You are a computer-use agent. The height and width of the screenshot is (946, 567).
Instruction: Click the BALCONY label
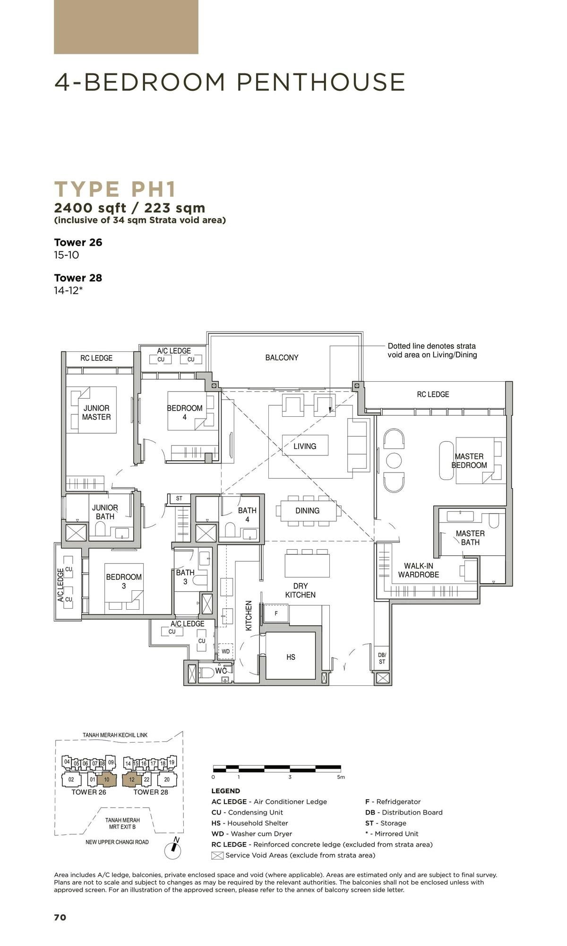pyautogui.click(x=282, y=358)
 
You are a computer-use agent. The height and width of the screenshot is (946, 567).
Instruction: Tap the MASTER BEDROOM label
pyautogui.click(x=469, y=461)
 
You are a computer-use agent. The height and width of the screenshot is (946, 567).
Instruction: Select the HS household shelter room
pyautogui.click(x=291, y=657)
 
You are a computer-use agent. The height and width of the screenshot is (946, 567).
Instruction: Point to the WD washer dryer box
pyautogui.click(x=226, y=651)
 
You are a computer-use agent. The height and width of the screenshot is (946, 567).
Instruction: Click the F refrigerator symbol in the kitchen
pyautogui.click(x=276, y=613)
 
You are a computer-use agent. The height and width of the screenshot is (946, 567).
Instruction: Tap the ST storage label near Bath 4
pyautogui.click(x=179, y=499)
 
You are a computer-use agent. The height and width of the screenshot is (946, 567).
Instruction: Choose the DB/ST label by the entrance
pyautogui.click(x=382, y=658)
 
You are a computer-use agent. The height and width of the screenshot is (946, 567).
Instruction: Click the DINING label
pyautogui.click(x=308, y=511)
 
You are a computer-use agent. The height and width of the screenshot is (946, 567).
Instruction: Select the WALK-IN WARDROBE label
pyautogui.click(x=418, y=570)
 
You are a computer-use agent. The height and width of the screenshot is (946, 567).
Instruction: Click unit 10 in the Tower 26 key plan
pyautogui.click(x=106, y=780)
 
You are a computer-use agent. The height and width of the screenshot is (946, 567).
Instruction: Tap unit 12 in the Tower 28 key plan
pyautogui.click(x=132, y=780)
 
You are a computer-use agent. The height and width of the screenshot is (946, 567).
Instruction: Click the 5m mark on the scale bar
pyautogui.click(x=341, y=777)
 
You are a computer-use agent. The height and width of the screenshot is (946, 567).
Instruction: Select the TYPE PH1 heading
pyautogui.click(x=115, y=189)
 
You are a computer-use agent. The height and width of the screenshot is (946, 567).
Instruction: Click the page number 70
pyautogui.click(x=60, y=918)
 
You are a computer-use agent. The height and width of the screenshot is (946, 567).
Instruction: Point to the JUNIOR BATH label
pyautogui.click(x=105, y=512)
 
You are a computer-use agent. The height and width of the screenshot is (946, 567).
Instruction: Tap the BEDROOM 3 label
pyautogui.click(x=124, y=581)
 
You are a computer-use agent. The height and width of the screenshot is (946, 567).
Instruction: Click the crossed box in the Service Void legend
pyautogui.click(x=217, y=855)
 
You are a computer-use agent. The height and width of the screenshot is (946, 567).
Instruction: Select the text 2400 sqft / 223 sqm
pyautogui.click(x=129, y=208)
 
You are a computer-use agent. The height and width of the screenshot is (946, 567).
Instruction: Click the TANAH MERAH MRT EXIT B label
pyautogui.click(x=122, y=823)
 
